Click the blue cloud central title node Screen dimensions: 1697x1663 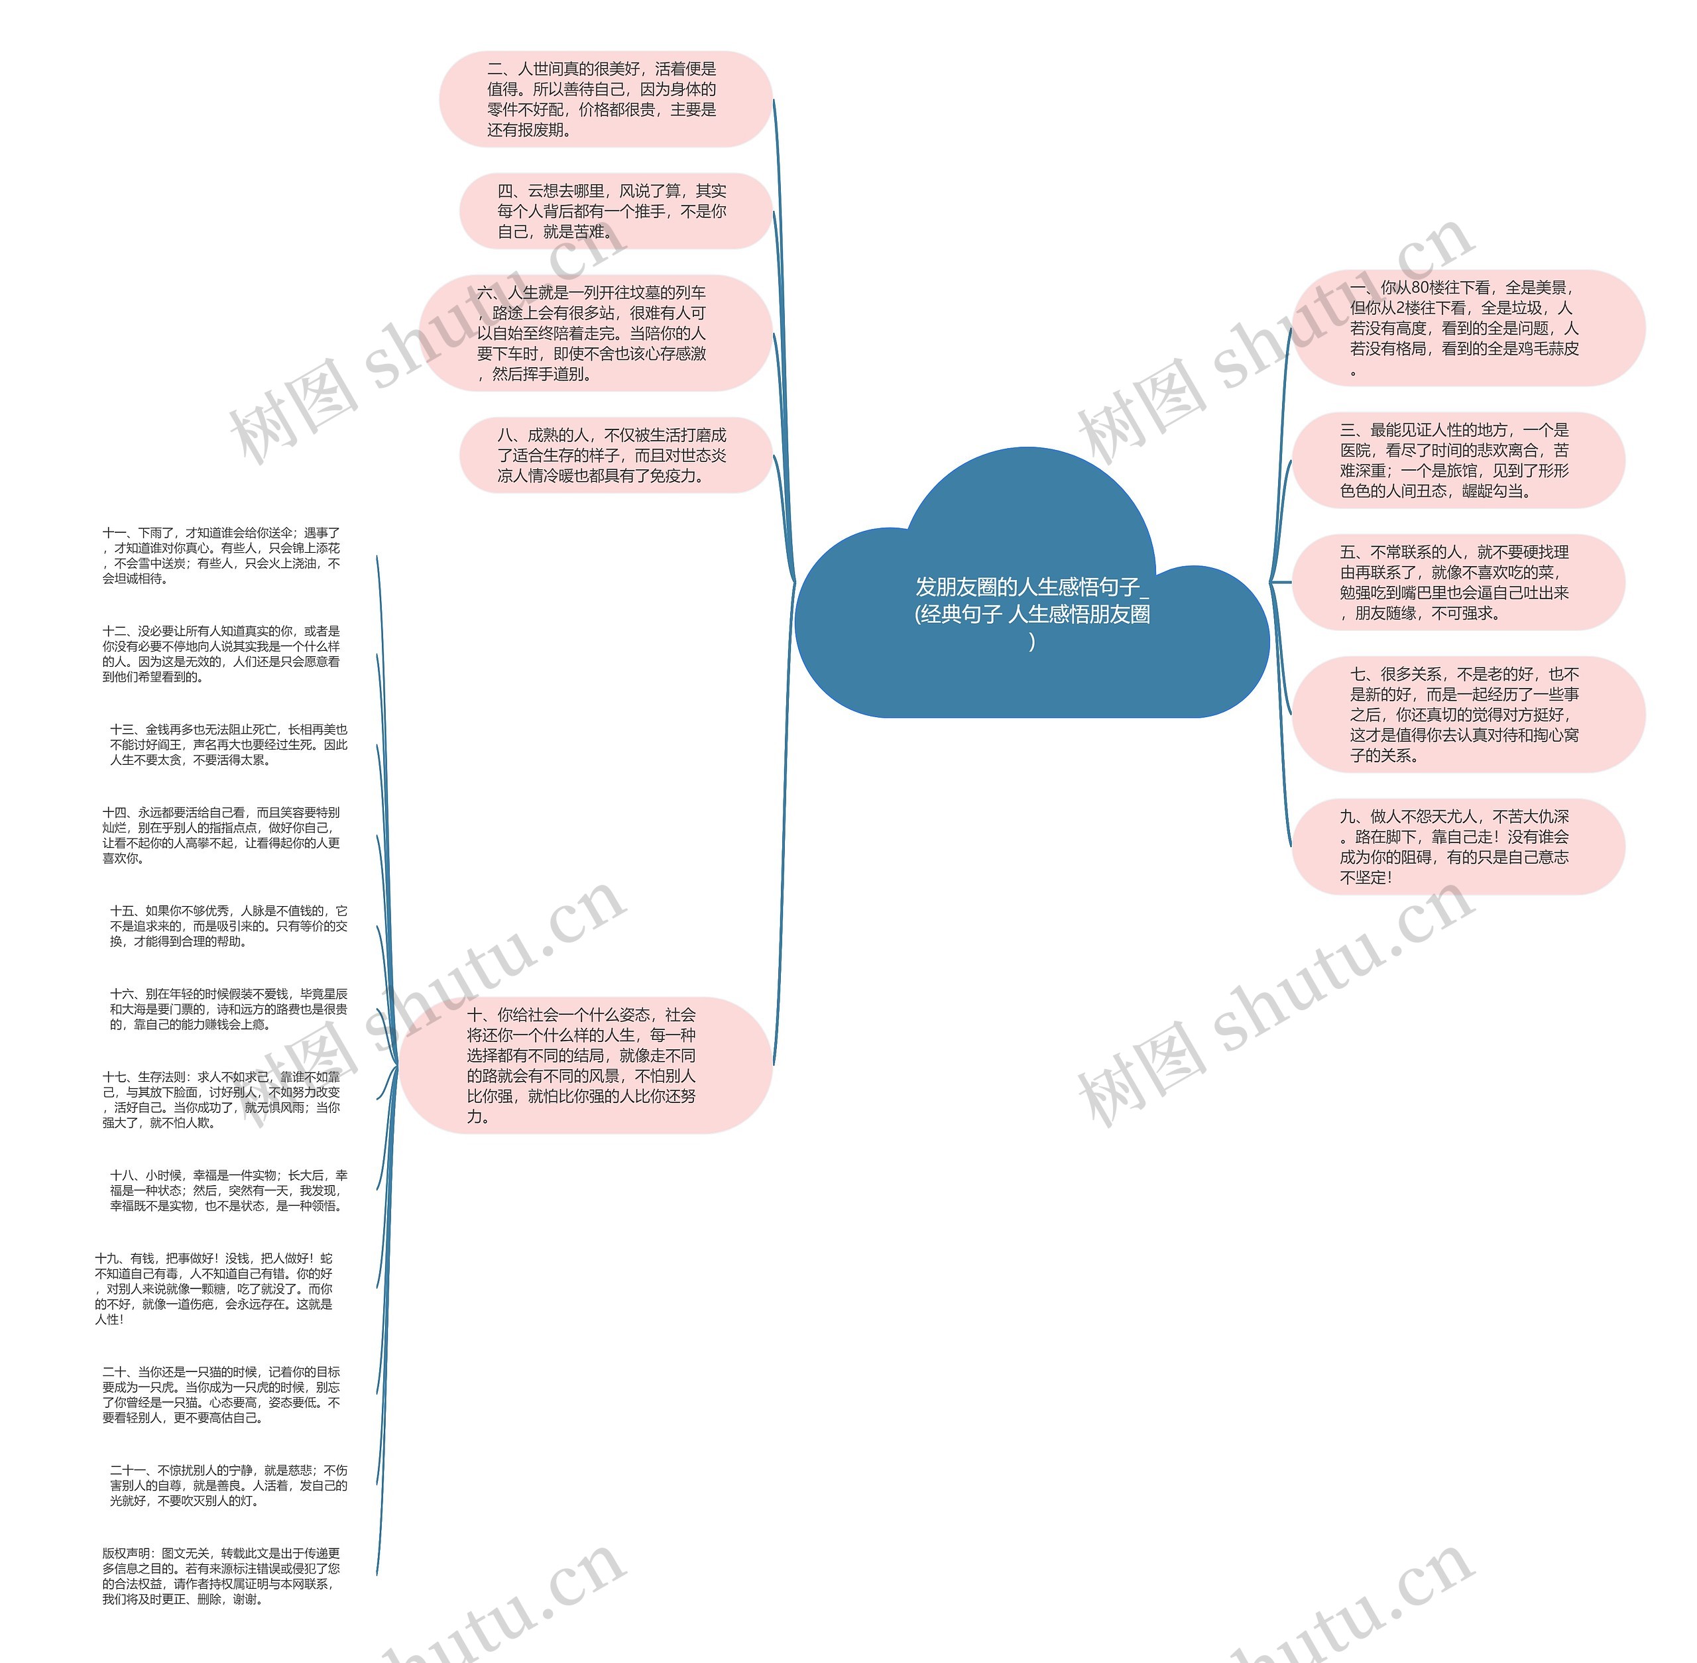(1031, 611)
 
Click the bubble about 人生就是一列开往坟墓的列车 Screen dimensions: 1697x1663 (594, 333)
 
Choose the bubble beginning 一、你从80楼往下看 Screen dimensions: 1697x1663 (1466, 328)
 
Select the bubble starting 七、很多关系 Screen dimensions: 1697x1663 (1466, 715)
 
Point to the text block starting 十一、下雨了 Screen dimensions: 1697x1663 (222, 555)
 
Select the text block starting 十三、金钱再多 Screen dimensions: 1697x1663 (229, 744)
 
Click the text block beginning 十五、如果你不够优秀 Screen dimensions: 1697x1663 (229, 926)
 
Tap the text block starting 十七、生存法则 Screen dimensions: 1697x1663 (222, 1100)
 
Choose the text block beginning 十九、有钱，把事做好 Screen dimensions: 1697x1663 (215, 1289)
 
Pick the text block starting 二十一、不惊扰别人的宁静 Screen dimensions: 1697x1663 (229, 1485)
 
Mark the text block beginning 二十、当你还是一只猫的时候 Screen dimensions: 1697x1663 (222, 1395)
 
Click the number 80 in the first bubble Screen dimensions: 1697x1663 (1420, 288)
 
